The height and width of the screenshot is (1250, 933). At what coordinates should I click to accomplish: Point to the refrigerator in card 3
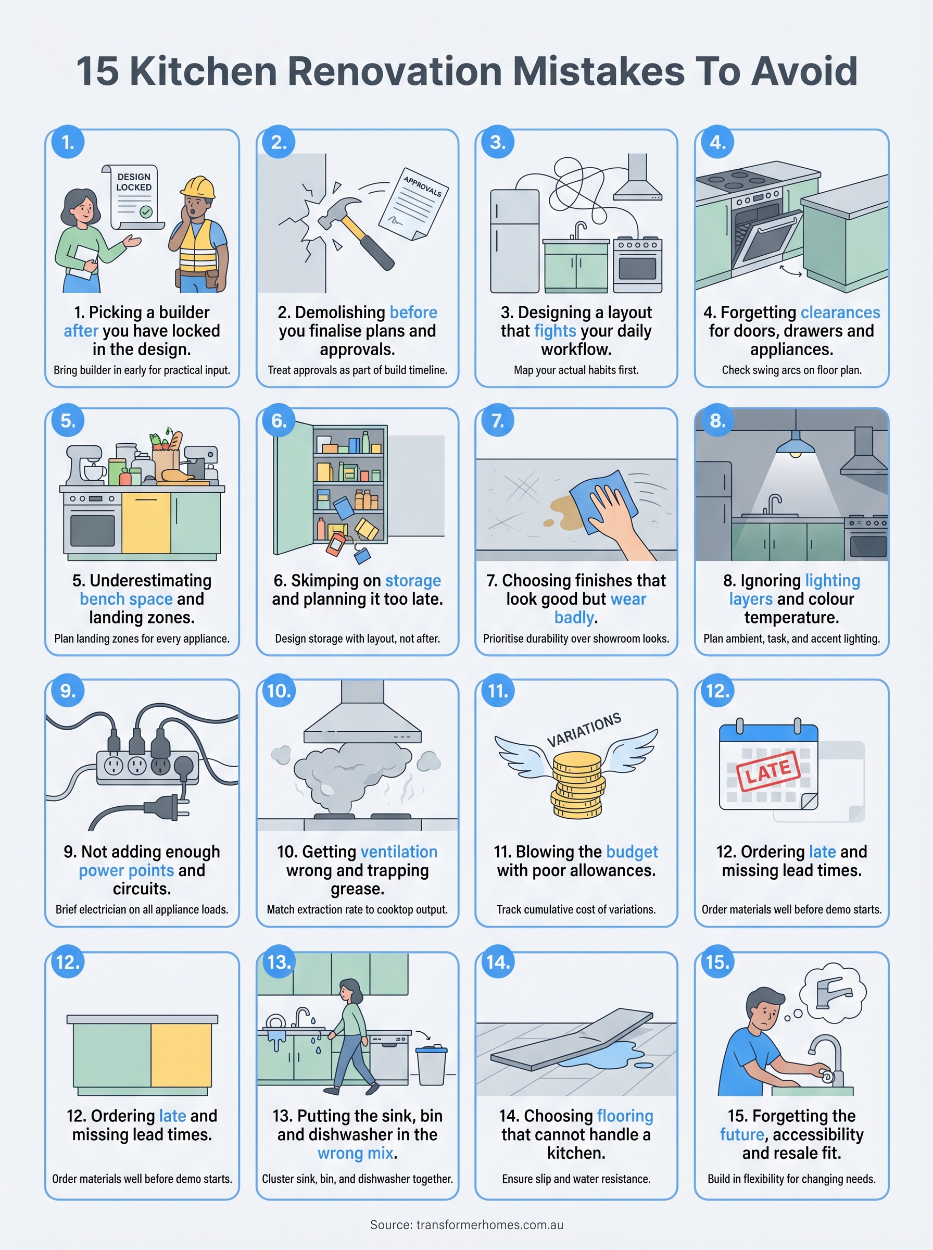click(514, 241)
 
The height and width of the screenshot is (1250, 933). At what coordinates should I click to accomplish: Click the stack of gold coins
click(577, 785)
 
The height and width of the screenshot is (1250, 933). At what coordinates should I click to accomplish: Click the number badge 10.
click(279, 690)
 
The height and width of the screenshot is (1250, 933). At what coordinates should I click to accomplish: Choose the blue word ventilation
click(399, 851)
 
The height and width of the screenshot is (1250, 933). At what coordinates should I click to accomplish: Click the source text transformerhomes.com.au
click(489, 1224)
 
